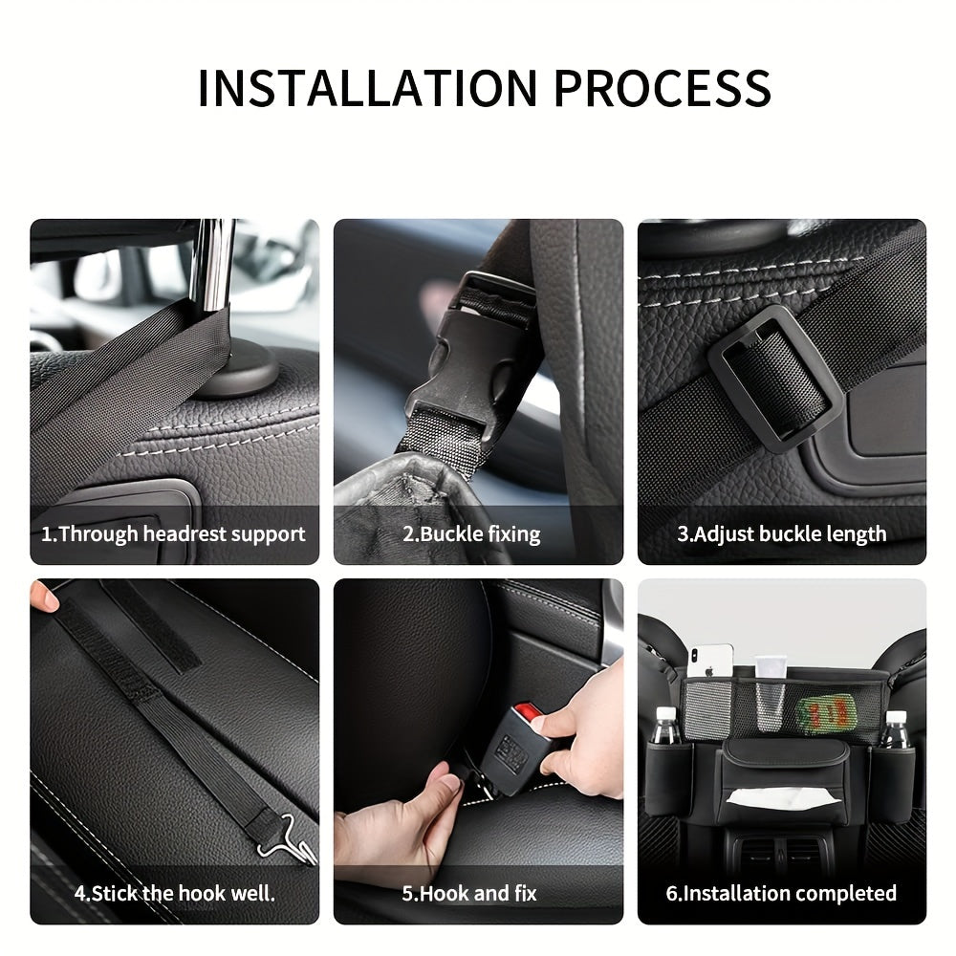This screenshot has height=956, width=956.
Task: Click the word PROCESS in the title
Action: click(x=663, y=88)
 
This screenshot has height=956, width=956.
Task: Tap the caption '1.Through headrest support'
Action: click(x=173, y=534)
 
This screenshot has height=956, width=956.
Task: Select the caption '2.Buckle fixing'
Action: click(x=471, y=534)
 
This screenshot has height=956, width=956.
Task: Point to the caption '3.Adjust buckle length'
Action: click(x=781, y=534)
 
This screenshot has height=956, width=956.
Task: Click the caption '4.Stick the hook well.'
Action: click(x=174, y=894)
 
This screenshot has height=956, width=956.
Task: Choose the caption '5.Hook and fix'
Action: click(x=469, y=894)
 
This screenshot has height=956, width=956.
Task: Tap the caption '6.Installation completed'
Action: click(x=781, y=894)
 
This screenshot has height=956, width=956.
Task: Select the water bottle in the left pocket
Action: click(x=666, y=727)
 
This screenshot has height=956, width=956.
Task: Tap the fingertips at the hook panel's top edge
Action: click(x=44, y=598)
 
